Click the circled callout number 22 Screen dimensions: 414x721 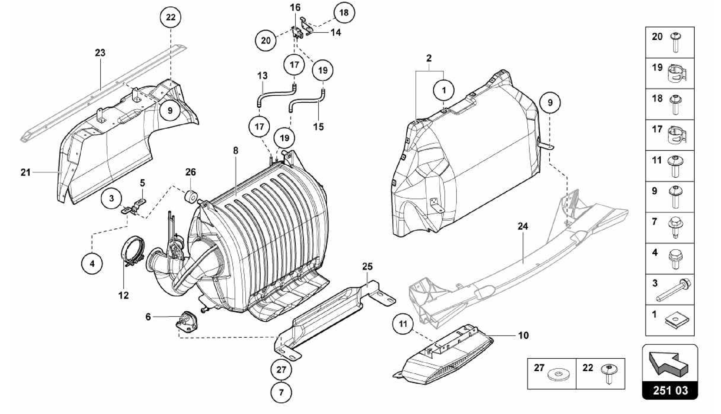pos(170,17)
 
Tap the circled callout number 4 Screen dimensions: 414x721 pos(92,263)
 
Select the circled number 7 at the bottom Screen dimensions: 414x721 pos(281,392)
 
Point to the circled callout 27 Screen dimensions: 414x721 pos(281,370)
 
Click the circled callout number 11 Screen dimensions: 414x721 pos(403,324)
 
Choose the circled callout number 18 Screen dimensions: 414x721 pos(344,13)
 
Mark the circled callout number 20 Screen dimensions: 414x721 pos(266,40)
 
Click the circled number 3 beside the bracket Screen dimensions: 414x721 pos(111,198)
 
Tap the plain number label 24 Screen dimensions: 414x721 pos(523,226)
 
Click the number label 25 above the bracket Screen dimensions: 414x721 pos(367,267)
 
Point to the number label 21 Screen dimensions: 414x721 pos(25,172)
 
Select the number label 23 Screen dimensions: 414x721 pos(100,53)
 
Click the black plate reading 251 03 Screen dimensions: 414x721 pos(670,391)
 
